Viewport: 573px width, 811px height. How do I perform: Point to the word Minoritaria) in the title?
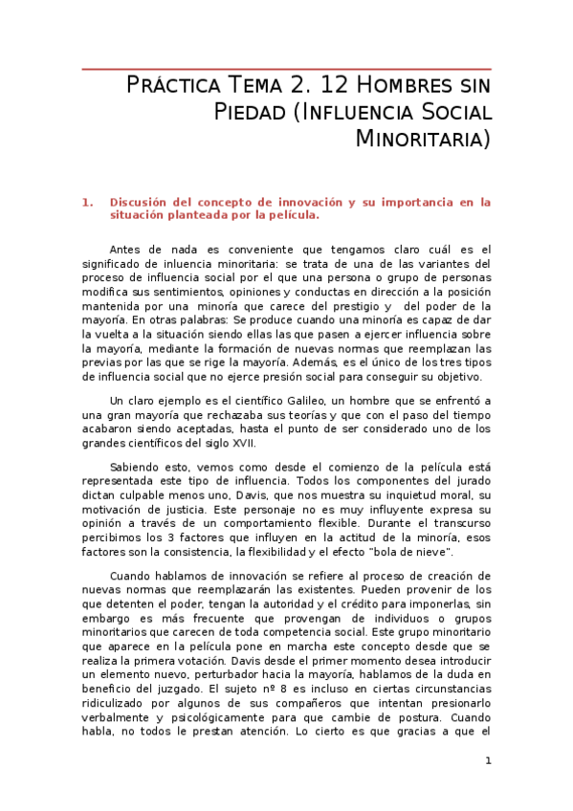(423, 140)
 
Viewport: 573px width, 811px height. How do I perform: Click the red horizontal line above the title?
(287, 69)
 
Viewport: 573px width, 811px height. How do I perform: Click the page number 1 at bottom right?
(488, 761)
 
